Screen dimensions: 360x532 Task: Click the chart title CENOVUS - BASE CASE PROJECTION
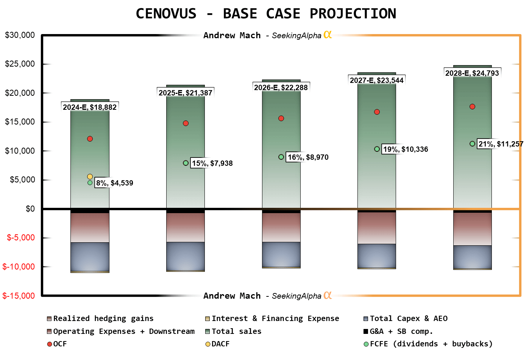[266, 14]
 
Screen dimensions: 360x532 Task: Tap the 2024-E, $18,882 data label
[90, 107]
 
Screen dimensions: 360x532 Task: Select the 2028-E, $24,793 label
[472, 73]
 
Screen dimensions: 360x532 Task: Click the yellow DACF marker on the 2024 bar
[90, 176]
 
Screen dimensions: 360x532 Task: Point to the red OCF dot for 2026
[281, 118]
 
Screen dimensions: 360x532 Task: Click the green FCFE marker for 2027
[377, 149]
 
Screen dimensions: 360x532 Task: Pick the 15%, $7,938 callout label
[212, 163]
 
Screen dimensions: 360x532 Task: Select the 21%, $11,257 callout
[501, 144]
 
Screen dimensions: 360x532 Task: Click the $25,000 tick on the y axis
[20, 64]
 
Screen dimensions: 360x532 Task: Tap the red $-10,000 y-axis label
[19, 267]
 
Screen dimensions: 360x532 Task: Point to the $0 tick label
[30, 209]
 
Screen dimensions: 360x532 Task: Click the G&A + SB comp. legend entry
[401, 331]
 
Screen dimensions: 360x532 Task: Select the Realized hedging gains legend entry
[103, 318]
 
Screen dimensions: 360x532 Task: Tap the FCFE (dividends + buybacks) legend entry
[431, 344]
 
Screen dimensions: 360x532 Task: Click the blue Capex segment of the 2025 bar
[186, 256]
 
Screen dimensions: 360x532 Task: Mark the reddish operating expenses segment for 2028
[472, 229]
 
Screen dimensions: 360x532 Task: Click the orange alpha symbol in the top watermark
[328, 35]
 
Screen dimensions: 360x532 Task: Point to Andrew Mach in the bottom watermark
[232, 296]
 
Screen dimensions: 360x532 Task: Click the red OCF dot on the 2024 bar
[90, 139]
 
